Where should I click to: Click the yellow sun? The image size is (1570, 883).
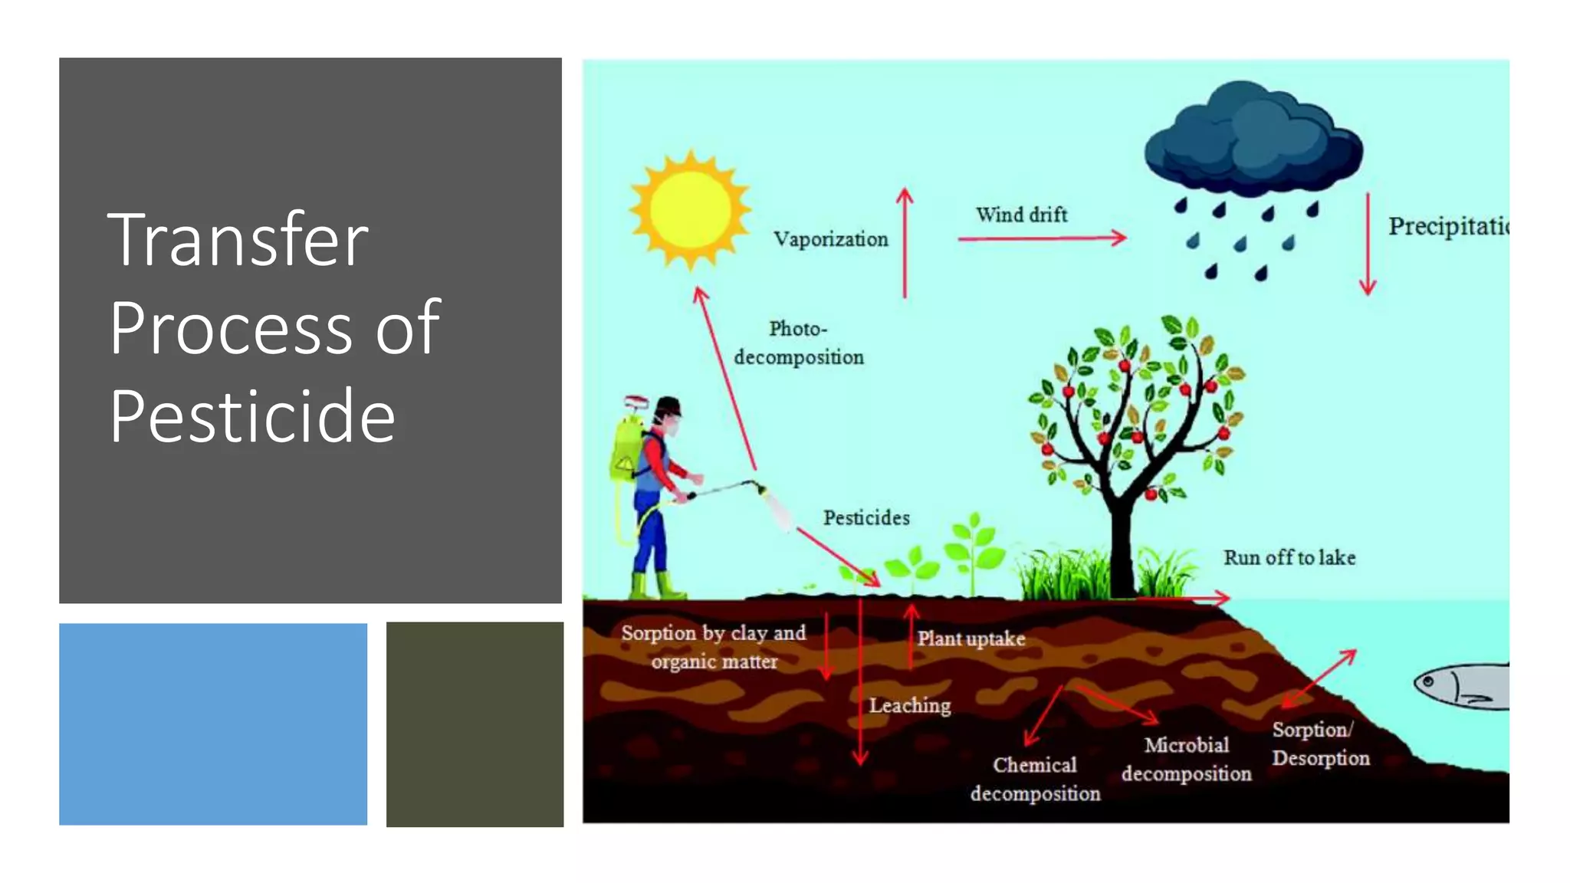tap(691, 209)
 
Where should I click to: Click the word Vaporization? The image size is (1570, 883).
tap(830, 240)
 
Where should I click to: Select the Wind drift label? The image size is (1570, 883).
tap(1021, 215)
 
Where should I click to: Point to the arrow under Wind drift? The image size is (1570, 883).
tap(1041, 238)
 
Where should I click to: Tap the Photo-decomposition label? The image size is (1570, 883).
tap(798, 343)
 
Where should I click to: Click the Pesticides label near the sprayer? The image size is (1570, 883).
tap(866, 518)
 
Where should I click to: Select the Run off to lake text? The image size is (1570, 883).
tap(1289, 558)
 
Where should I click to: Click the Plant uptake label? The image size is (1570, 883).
tap(971, 638)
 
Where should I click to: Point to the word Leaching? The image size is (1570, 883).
tap(909, 705)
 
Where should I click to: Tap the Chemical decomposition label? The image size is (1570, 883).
tap(1035, 779)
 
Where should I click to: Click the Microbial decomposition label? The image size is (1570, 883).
tap(1186, 759)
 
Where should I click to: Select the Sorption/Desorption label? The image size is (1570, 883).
tap(1320, 743)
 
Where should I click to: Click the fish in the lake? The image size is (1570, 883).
tap(1461, 685)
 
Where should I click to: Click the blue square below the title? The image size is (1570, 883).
tap(213, 724)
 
